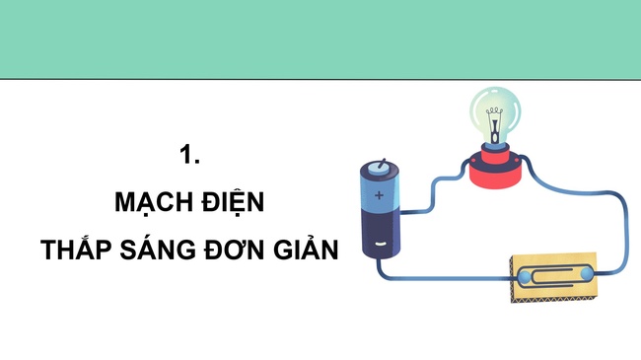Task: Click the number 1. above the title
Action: (189, 154)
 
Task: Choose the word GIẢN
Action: (306, 249)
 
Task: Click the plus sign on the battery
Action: (379, 195)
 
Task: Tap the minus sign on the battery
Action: (381, 244)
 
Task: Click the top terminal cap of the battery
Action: (380, 167)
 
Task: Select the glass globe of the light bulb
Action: (495, 113)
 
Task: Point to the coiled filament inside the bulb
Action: (495, 110)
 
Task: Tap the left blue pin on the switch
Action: (524, 277)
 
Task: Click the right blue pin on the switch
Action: (586, 273)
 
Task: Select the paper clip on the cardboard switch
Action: (555, 275)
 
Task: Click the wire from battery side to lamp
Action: (432, 192)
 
